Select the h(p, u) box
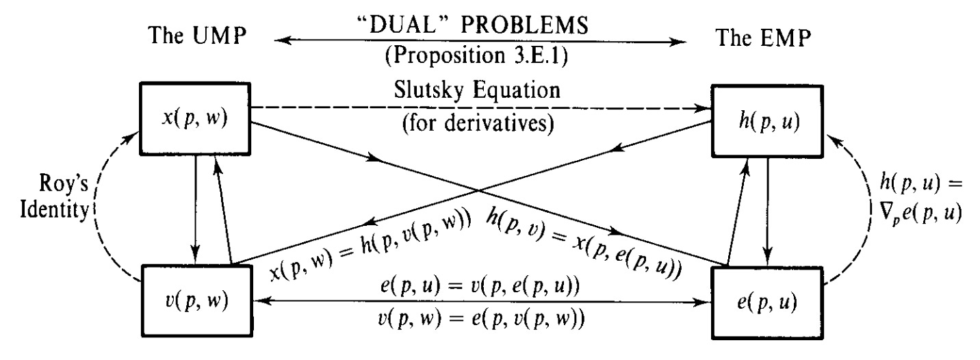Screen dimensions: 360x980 pyautogui.click(x=769, y=127)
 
